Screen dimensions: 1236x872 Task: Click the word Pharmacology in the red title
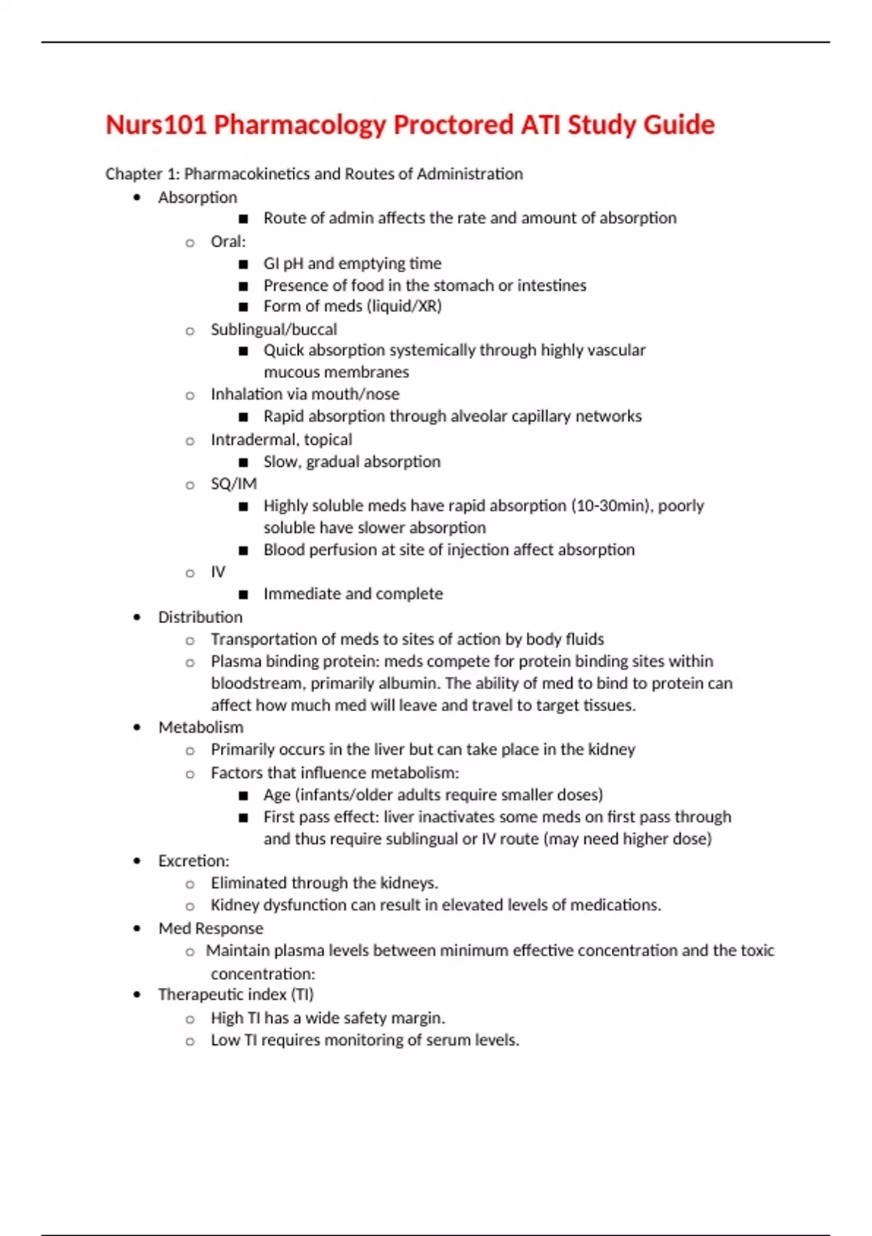299,125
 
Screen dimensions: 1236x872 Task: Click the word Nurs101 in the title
156,125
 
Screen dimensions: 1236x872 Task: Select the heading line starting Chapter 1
314,174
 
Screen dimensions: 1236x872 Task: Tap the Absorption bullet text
198,197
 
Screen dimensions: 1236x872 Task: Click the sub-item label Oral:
228,241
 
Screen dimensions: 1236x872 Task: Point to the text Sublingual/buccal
274,329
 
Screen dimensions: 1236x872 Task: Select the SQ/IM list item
233,483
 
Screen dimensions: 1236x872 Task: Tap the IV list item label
218,572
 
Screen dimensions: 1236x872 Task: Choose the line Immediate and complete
353,594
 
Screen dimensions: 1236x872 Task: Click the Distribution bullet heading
201,617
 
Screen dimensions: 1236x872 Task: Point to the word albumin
413,683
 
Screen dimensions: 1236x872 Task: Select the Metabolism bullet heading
201,727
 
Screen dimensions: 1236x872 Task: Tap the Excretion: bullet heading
193,861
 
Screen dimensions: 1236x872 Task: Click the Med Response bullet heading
211,928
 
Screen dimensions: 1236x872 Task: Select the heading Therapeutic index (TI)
236,995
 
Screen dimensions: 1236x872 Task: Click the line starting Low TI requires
365,1040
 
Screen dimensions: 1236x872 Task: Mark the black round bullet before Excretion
137,861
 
